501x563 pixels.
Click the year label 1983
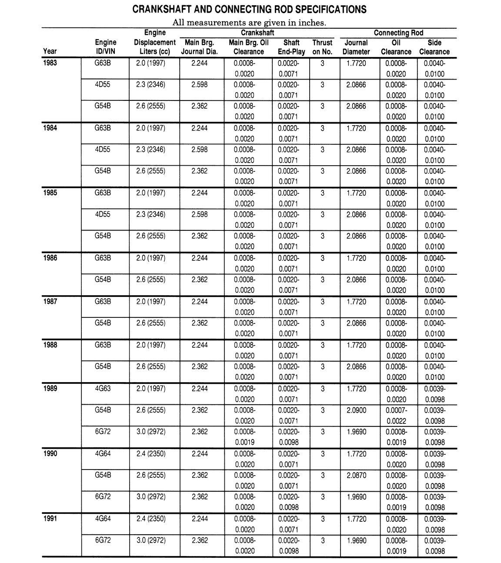[x=50, y=63]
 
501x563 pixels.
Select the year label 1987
[x=50, y=301]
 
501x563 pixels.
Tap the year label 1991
[x=50, y=519]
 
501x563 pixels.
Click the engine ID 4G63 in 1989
[x=103, y=388]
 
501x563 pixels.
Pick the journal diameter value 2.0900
[x=356, y=410]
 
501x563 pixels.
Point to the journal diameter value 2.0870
[x=356, y=475]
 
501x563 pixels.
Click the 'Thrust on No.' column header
[x=322, y=47]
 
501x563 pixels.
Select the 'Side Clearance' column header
[x=434, y=47]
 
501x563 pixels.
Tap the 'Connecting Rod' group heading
[x=398, y=33]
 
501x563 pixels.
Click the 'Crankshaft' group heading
[x=257, y=33]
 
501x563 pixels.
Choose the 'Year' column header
[x=50, y=51]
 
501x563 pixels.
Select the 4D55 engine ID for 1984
[x=103, y=149]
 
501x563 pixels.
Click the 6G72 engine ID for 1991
[x=103, y=540]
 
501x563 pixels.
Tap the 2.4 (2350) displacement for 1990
[x=150, y=453]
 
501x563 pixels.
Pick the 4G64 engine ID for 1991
[x=103, y=519]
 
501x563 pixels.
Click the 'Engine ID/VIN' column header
[x=106, y=47]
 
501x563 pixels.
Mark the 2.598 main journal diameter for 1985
[x=200, y=214]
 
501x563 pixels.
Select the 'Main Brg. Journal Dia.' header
[x=199, y=47]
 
